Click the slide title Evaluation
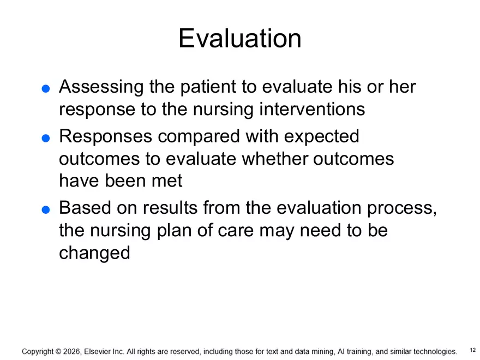[x=239, y=39]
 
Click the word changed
[x=94, y=253]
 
